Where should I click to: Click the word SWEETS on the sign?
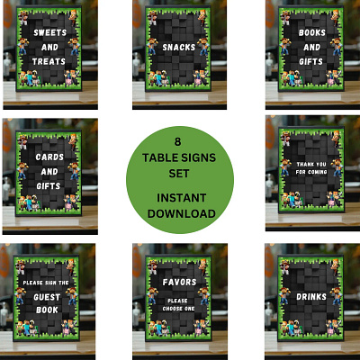(49, 32)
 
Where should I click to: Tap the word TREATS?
(49, 61)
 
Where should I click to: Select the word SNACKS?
(179, 47)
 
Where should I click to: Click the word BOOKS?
(312, 32)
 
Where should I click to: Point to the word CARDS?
(49, 157)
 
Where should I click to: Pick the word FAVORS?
(179, 282)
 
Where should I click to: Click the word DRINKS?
(311, 297)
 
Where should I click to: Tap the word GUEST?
(47, 297)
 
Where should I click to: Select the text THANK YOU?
(311, 164)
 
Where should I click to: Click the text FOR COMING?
(311, 172)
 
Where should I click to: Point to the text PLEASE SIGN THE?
(46, 283)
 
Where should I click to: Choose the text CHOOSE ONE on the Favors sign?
(178, 309)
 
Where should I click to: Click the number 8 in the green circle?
(178, 141)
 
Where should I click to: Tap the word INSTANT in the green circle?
(182, 198)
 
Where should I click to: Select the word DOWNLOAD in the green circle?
(182, 213)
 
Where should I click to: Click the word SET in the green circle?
(179, 174)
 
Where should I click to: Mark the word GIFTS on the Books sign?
(310, 61)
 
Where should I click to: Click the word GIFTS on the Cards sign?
(49, 186)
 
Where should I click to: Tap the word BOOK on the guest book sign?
(47, 310)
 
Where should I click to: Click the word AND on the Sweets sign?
(49, 47)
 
